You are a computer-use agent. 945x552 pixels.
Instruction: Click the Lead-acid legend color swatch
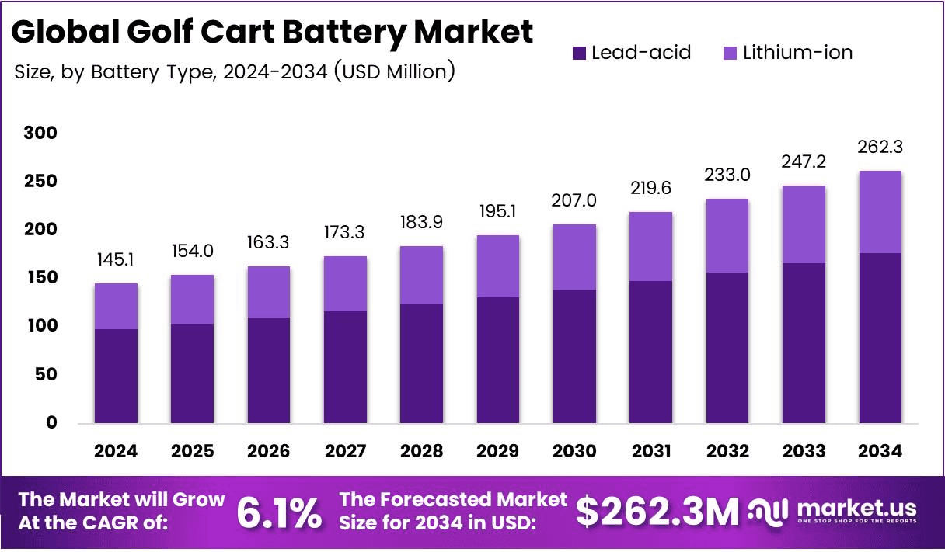pyautogui.click(x=580, y=53)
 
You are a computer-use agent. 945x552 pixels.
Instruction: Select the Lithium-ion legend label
pyautogui.click(x=797, y=53)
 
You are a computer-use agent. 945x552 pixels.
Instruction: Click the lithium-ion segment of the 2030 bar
pyautogui.click(x=574, y=257)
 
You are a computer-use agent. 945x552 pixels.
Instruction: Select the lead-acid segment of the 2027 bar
pyautogui.click(x=345, y=367)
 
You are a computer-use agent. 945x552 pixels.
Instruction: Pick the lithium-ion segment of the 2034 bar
pyautogui.click(x=880, y=212)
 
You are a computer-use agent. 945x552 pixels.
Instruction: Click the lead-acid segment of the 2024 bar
pyautogui.click(x=116, y=376)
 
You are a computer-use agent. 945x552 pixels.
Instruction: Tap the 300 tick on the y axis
pyautogui.click(x=40, y=134)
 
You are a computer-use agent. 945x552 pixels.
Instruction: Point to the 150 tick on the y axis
pyautogui.click(x=40, y=278)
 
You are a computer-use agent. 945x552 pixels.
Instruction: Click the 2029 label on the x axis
pyautogui.click(x=498, y=452)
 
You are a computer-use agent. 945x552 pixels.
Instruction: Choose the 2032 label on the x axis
pyautogui.click(x=727, y=452)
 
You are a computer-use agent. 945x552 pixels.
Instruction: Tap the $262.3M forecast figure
pyautogui.click(x=657, y=512)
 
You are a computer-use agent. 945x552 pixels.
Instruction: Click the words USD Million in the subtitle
pyautogui.click(x=395, y=72)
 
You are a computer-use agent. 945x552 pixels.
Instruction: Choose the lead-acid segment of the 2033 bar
pyautogui.click(x=804, y=343)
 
